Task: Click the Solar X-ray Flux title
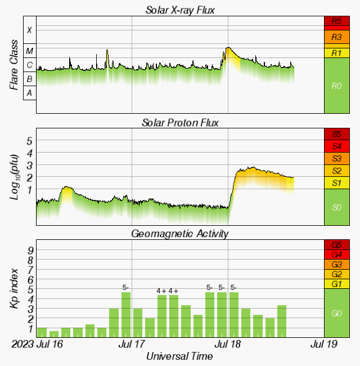tap(179, 10)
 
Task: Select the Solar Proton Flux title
tap(179, 122)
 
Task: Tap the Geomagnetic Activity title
tap(179, 233)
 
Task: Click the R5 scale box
tap(337, 22)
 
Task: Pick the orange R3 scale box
tap(337, 37)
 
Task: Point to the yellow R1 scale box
tap(337, 53)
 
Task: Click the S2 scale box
tap(337, 171)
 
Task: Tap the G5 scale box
tap(337, 245)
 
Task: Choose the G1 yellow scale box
tap(337, 284)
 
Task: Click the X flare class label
tap(30, 30)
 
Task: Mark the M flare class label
tap(30, 51)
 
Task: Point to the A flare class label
tap(30, 93)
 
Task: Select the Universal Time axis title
tap(179, 356)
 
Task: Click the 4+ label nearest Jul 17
tap(161, 291)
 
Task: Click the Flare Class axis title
tap(14, 65)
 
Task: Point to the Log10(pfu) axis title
tap(14, 176)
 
